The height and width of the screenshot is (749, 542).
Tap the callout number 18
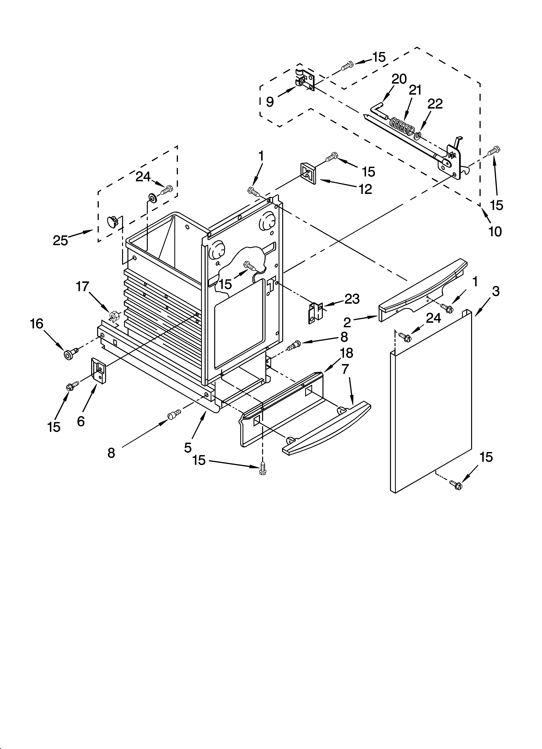[346, 353]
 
